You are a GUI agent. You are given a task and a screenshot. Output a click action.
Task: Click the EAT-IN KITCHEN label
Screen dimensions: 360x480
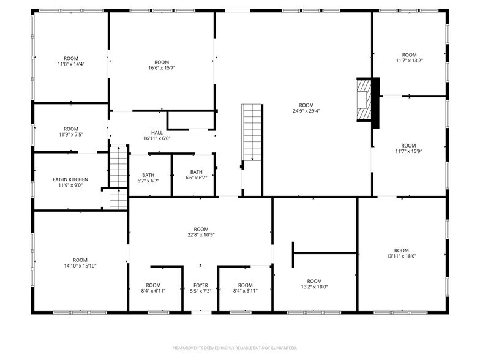point(70,179)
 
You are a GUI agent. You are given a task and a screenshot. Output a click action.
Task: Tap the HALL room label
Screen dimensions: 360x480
point(157,133)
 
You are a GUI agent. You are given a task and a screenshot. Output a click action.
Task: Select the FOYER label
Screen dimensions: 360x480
point(201,285)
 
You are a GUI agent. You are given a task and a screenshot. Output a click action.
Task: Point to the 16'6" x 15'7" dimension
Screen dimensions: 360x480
point(162,68)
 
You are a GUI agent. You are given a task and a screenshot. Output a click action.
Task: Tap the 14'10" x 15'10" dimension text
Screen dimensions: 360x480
point(80,266)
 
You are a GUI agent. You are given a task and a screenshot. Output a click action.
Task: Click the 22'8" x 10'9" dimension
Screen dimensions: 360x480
point(201,235)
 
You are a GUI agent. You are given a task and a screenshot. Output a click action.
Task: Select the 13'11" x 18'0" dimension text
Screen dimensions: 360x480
point(402,257)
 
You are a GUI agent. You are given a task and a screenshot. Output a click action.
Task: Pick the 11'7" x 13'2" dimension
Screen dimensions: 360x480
point(405,61)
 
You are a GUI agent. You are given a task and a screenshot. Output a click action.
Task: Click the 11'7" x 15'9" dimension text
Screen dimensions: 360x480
point(405,152)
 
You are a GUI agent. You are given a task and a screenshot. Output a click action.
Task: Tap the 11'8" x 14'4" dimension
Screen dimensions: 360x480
point(71,64)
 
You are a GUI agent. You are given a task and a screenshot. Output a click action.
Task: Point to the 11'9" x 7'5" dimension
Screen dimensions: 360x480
point(71,135)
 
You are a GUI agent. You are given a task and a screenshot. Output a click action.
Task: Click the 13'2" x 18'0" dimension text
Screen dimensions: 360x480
point(314,287)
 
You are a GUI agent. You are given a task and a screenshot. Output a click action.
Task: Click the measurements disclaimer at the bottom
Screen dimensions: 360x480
point(239,347)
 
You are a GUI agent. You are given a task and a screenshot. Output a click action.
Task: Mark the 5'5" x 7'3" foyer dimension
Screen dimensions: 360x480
point(201,291)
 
